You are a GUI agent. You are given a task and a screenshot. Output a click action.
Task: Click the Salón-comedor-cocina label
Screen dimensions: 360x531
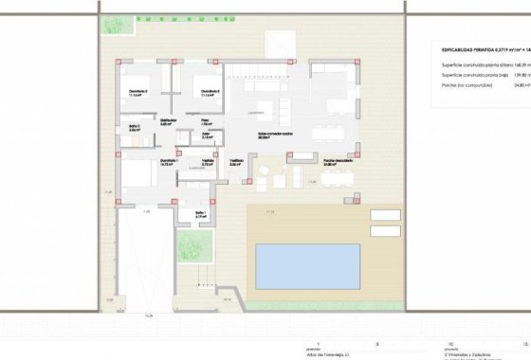[x=275, y=135]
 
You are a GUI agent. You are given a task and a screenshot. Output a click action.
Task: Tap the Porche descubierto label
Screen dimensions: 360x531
[x=336, y=161]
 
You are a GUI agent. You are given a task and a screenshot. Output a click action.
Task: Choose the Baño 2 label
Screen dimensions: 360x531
[x=201, y=213]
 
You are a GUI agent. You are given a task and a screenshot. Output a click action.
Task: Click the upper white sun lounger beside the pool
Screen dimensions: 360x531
[x=384, y=217]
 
